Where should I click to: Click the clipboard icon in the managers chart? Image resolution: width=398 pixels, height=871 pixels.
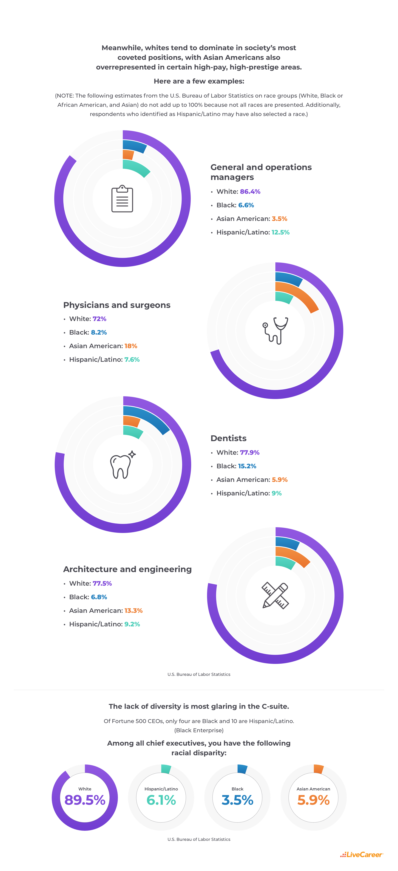pyautogui.click(x=122, y=199)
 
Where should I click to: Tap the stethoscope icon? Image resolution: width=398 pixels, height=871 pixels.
pyautogui.click(x=275, y=330)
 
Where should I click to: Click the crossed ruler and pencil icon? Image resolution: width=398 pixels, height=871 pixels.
pyautogui.click(x=275, y=595)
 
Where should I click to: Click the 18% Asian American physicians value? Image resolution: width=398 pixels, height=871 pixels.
pyautogui.click(x=131, y=346)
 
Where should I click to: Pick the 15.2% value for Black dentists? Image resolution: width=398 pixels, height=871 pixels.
pyautogui.click(x=247, y=466)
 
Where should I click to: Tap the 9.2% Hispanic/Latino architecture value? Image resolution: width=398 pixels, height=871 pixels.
pyautogui.click(x=132, y=624)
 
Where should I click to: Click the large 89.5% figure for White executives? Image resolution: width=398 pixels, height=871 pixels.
pyautogui.click(x=85, y=800)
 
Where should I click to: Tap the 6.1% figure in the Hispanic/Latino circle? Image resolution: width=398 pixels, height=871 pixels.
pyautogui.click(x=161, y=800)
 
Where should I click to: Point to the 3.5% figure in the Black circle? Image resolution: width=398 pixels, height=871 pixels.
pyautogui.click(x=237, y=800)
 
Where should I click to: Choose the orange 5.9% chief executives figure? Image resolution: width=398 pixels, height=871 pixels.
pyautogui.click(x=313, y=800)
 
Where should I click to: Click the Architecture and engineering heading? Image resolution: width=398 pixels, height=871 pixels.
pyautogui.click(x=127, y=569)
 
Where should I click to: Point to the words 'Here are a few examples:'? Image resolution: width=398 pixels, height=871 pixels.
pyautogui.click(x=199, y=81)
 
